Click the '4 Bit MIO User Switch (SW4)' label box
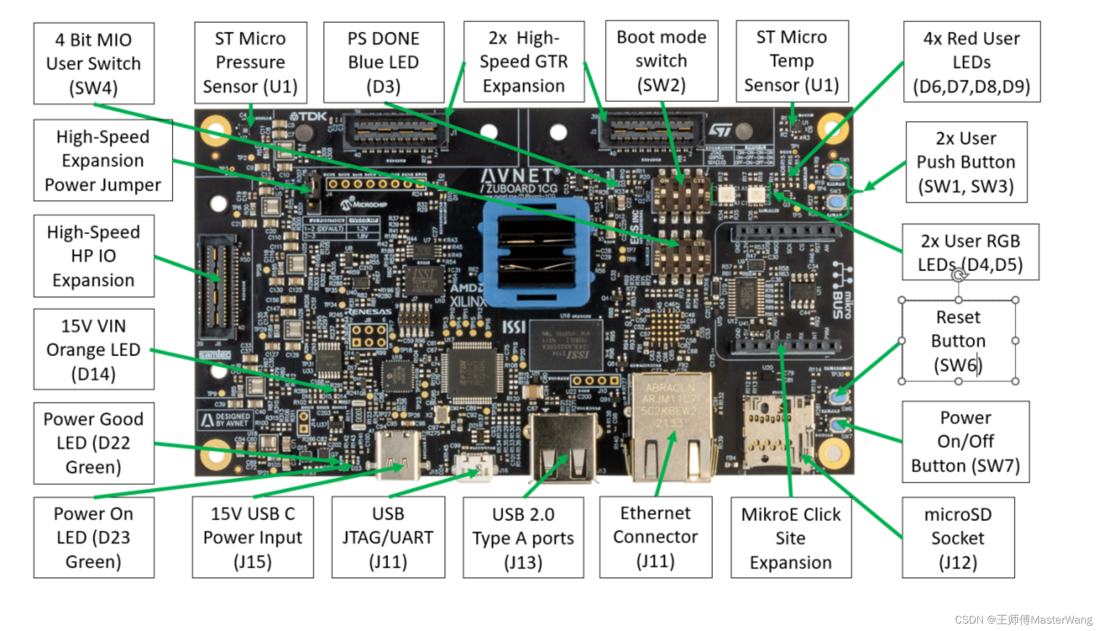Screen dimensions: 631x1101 (x=93, y=64)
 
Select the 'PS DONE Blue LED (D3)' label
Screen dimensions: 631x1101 (x=383, y=62)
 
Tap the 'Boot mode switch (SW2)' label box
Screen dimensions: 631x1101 (x=661, y=61)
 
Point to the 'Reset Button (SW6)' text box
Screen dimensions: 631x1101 (x=958, y=341)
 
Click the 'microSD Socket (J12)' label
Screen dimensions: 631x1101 (x=958, y=538)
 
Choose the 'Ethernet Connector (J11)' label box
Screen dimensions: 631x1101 (x=655, y=537)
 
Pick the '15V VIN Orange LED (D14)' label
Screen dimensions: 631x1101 (x=93, y=349)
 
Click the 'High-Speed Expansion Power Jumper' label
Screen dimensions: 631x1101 (x=103, y=160)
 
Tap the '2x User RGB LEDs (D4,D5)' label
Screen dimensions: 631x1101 (x=970, y=252)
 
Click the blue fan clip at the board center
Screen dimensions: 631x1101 (x=536, y=251)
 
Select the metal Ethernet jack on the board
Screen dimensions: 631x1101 (x=670, y=427)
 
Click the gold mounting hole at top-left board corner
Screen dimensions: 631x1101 (x=216, y=130)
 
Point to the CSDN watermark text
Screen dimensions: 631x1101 (x=1023, y=620)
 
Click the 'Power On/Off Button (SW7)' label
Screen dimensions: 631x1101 (x=965, y=441)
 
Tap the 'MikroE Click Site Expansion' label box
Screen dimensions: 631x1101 (x=791, y=538)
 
